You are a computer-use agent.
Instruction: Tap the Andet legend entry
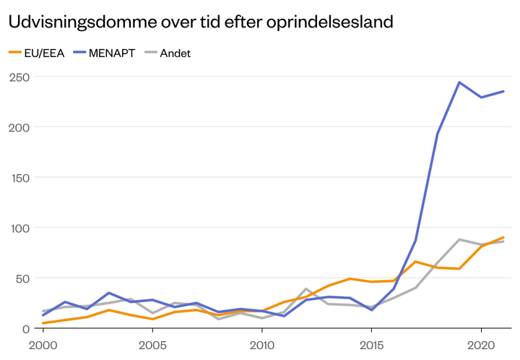click(174, 53)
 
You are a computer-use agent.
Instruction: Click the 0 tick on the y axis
click(24, 329)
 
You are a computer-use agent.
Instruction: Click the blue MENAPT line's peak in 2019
click(459, 82)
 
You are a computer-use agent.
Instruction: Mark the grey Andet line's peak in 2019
click(459, 239)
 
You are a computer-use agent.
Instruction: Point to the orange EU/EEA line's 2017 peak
click(415, 262)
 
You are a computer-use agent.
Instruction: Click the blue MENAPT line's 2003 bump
click(108, 293)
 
